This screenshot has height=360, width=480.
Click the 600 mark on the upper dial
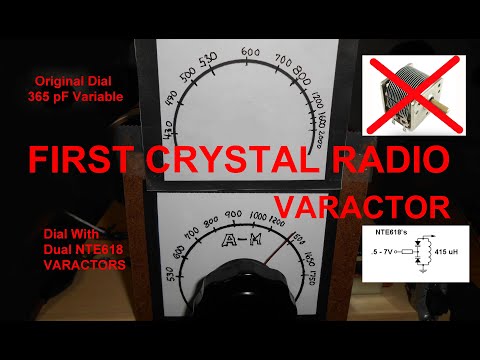(250, 52)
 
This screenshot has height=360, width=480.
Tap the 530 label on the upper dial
(210, 62)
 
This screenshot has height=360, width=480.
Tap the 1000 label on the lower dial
(260, 217)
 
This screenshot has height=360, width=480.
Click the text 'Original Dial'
(75, 80)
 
